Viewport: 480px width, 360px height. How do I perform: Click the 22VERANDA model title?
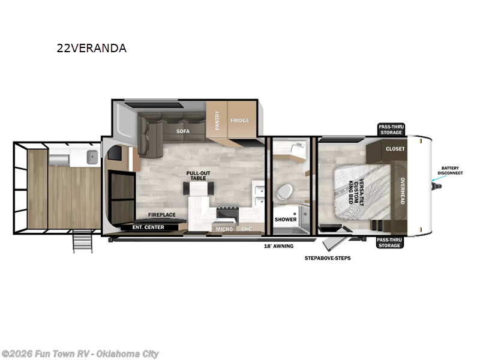coord(91,49)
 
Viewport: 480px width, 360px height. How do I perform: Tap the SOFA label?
coord(183,130)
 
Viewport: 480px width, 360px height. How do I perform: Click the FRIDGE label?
coord(239,120)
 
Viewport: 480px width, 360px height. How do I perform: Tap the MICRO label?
coord(224,229)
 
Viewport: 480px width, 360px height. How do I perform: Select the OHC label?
coord(247,229)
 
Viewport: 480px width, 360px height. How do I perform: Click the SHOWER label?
coord(286,220)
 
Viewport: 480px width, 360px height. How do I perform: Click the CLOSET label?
coord(395,149)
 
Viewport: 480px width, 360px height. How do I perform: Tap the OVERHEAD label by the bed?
coord(403,190)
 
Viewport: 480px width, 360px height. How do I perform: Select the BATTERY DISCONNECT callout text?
coord(452,170)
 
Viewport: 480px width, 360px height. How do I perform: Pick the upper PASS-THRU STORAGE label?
coord(391,129)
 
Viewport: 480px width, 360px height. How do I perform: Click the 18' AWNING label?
coord(278,246)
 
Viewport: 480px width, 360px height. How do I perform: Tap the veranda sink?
coord(92,158)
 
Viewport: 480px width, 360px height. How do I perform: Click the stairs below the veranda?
coord(83,242)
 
